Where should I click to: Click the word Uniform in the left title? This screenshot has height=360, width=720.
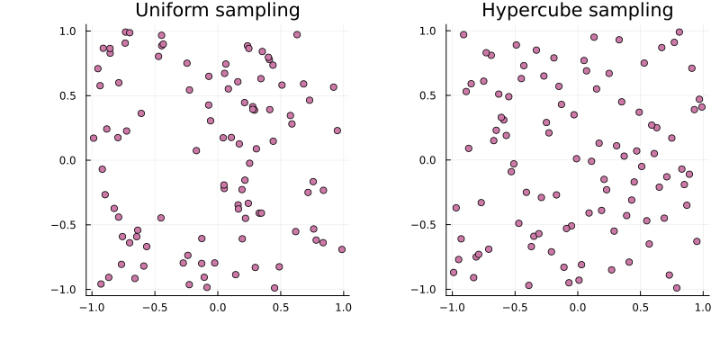(171, 11)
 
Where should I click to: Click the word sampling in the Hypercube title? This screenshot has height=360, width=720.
(630, 11)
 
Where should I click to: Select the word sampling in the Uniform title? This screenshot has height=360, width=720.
(256, 11)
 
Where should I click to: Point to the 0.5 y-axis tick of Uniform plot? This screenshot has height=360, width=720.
(68, 95)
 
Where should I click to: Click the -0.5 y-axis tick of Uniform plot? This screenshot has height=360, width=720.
(66, 225)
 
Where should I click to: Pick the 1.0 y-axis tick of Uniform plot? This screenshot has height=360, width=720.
(68, 31)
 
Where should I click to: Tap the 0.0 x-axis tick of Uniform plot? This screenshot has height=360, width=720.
(217, 306)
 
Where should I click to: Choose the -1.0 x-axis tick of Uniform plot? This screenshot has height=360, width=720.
(90, 306)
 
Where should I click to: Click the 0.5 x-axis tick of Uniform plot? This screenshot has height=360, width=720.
(280, 306)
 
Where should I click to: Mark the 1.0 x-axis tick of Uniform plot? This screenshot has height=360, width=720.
(343, 306)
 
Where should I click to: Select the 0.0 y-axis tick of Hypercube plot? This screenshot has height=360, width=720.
(428, 160)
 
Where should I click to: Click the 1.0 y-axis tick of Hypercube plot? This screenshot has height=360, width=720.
(428, 31)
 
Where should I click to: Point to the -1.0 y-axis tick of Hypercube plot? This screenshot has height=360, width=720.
(426, 290)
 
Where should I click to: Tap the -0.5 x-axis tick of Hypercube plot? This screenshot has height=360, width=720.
(513, 306)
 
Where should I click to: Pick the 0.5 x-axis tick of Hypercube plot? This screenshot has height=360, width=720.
(640, 306)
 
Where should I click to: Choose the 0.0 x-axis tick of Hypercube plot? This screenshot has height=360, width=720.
(577, 306)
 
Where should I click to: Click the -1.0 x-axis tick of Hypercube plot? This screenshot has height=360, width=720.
(450, 306)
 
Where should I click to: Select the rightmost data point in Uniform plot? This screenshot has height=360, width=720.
(342, 249)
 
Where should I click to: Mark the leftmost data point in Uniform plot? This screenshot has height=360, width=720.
(94, 138)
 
